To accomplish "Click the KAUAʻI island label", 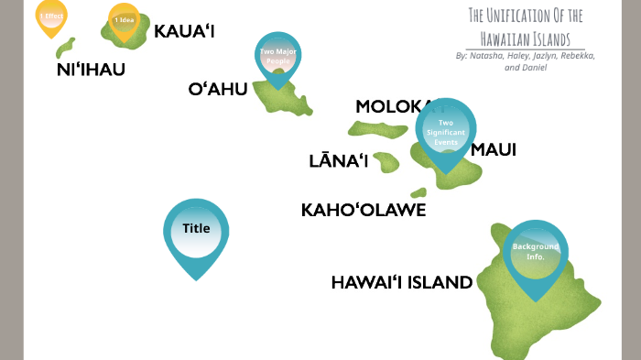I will pos(184,32).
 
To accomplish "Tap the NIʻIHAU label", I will pos(91,70).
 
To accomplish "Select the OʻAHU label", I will pos(217,89).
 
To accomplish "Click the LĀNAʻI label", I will pos(338,162).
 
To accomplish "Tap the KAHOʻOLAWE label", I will pos(364,210).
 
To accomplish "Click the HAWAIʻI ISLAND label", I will pos(401,282).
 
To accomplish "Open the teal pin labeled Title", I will pos(196,229).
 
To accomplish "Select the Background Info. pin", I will pos(535,251).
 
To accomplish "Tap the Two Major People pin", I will pos(280,57).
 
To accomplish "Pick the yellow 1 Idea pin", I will pos(124,20).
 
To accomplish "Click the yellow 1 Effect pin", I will pos(51,16).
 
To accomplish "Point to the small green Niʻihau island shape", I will pos(65,48).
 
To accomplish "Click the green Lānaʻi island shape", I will pos(386,162).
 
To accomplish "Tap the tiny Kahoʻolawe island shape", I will pos(418,193).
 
